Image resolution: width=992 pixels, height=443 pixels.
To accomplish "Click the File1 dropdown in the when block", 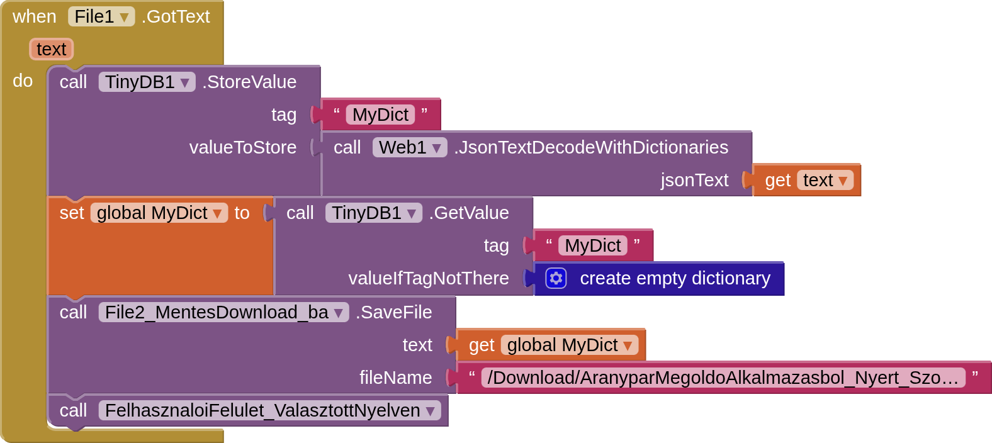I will click(101, 17).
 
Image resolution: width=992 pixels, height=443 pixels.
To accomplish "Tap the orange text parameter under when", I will click(51, 49).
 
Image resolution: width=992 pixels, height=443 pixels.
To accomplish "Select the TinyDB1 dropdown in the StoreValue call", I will click(147, 82).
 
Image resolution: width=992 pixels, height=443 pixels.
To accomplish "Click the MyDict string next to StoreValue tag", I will click(380, 115).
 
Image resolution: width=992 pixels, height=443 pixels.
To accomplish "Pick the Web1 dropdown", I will click(409, 148).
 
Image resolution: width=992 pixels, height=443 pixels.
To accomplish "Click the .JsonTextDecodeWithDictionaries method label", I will click(591, 148).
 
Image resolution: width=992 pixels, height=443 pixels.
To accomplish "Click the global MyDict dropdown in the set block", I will click(159, 213).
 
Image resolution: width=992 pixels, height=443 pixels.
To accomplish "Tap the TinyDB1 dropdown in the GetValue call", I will click(373, 213).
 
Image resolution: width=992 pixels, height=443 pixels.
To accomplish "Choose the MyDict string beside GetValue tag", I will click(592, 246).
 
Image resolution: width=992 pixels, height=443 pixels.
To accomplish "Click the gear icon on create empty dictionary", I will click(556, 278).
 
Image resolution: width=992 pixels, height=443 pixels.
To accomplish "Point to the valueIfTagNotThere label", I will click(429, 279).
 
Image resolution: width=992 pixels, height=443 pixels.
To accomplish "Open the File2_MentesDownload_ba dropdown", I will click(223, 313).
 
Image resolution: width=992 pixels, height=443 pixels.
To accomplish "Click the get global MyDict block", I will click(551, 345).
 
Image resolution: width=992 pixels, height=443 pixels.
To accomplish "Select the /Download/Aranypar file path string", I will click(723, 378).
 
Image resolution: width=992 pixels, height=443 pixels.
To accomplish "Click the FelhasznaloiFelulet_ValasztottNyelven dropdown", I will click(269, 411).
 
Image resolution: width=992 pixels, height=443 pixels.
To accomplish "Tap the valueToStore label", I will click(243, 148).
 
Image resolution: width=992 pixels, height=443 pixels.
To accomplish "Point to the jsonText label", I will click(694, 181).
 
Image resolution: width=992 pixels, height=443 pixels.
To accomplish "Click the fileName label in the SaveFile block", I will click(395, 378).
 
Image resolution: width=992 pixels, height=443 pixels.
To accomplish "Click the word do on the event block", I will click(23, 81).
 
